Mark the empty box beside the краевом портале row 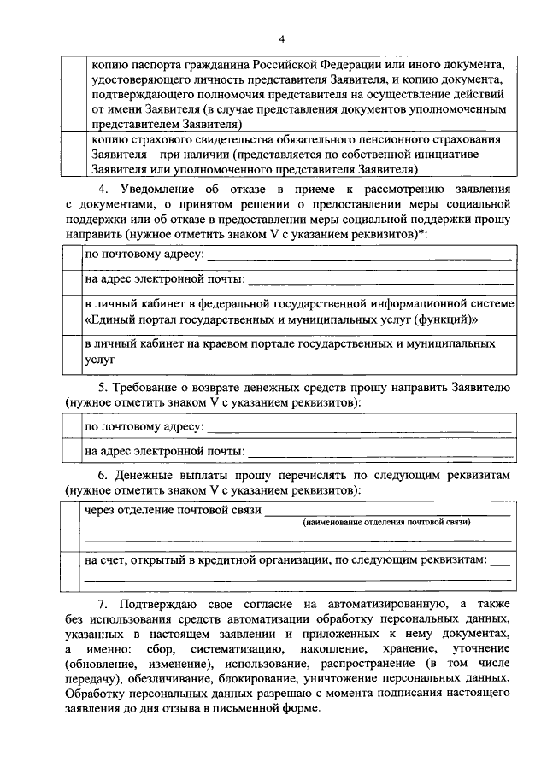click(74, 352)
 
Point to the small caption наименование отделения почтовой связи click(384, 522)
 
